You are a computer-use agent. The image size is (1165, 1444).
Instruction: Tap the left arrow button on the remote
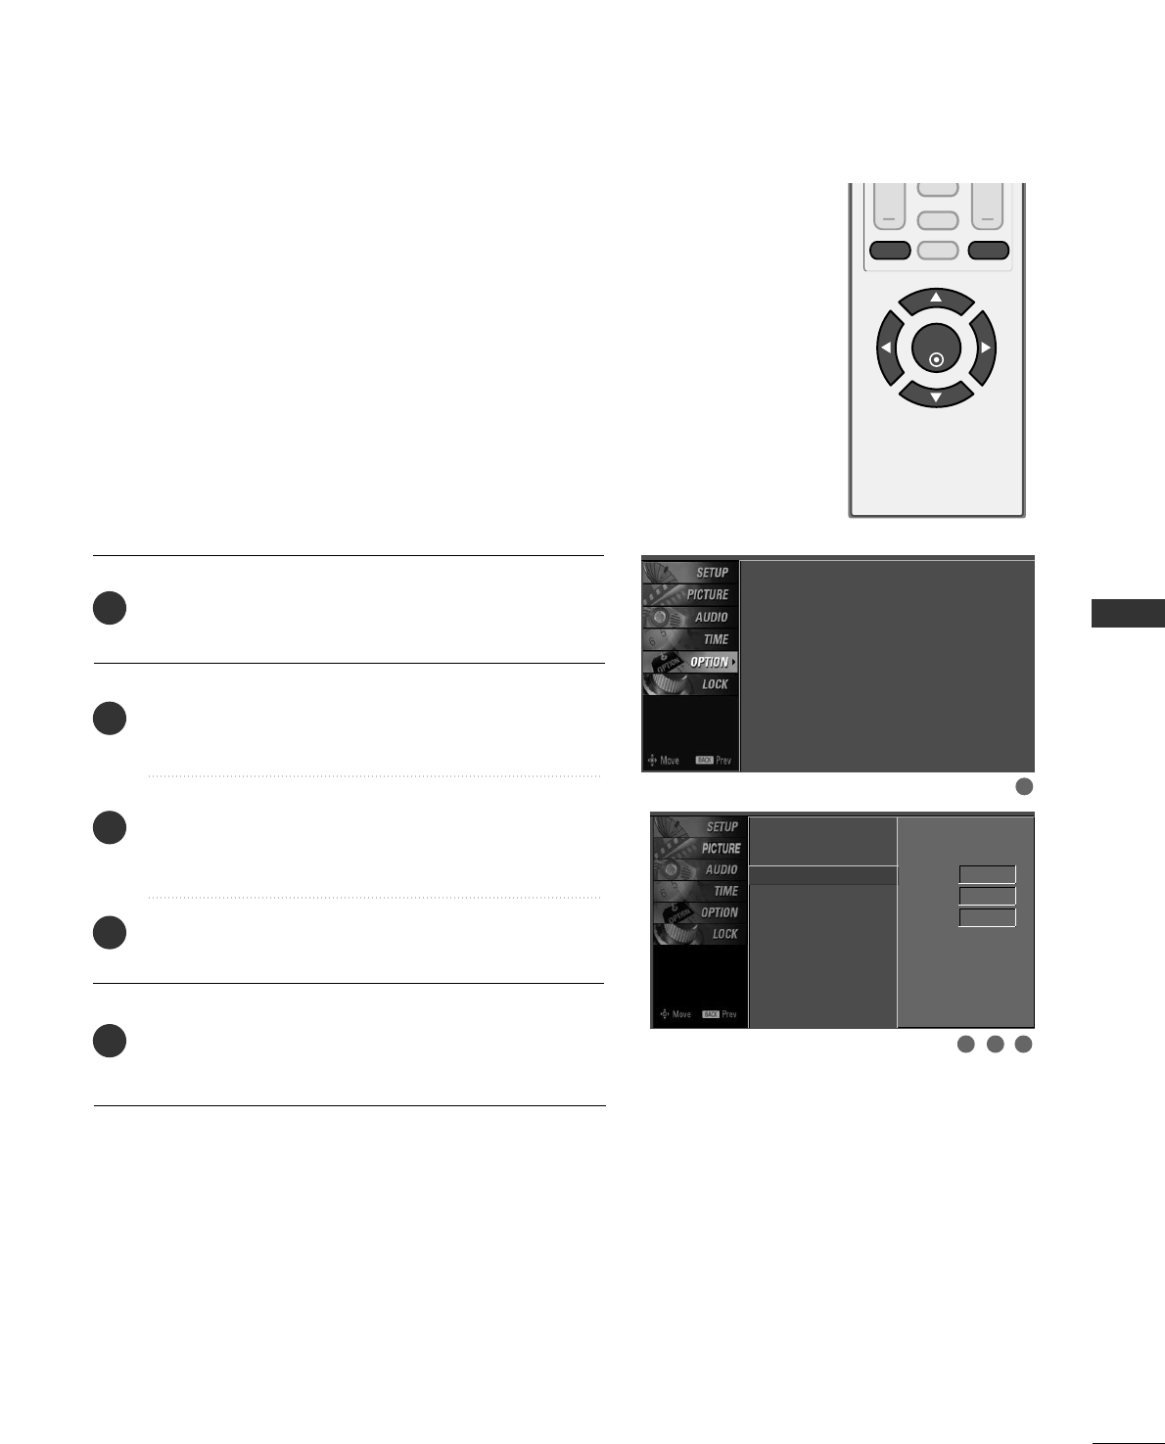888,348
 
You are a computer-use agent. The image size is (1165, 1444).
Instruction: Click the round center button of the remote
936,349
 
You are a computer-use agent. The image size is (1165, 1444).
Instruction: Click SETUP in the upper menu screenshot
712,573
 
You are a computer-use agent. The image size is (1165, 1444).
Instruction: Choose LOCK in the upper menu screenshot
715,684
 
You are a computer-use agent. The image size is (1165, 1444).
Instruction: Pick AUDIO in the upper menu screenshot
711,618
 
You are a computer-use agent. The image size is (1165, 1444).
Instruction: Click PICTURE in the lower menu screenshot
721,849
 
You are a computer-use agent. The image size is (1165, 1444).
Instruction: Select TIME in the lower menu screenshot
725,891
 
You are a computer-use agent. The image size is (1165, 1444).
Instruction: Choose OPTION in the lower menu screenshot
719,912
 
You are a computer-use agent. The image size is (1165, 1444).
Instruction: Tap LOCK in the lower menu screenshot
724,934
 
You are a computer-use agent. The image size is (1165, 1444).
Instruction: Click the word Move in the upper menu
670,761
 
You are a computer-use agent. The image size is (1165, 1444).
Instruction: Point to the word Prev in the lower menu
728,1014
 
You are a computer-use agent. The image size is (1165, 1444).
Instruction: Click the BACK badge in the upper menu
704,761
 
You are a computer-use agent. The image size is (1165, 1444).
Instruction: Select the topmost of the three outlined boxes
987,875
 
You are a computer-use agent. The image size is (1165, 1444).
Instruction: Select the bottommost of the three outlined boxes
987,917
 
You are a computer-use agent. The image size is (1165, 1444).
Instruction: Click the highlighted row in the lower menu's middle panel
822,875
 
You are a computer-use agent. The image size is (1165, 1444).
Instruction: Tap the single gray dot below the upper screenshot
1024,786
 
